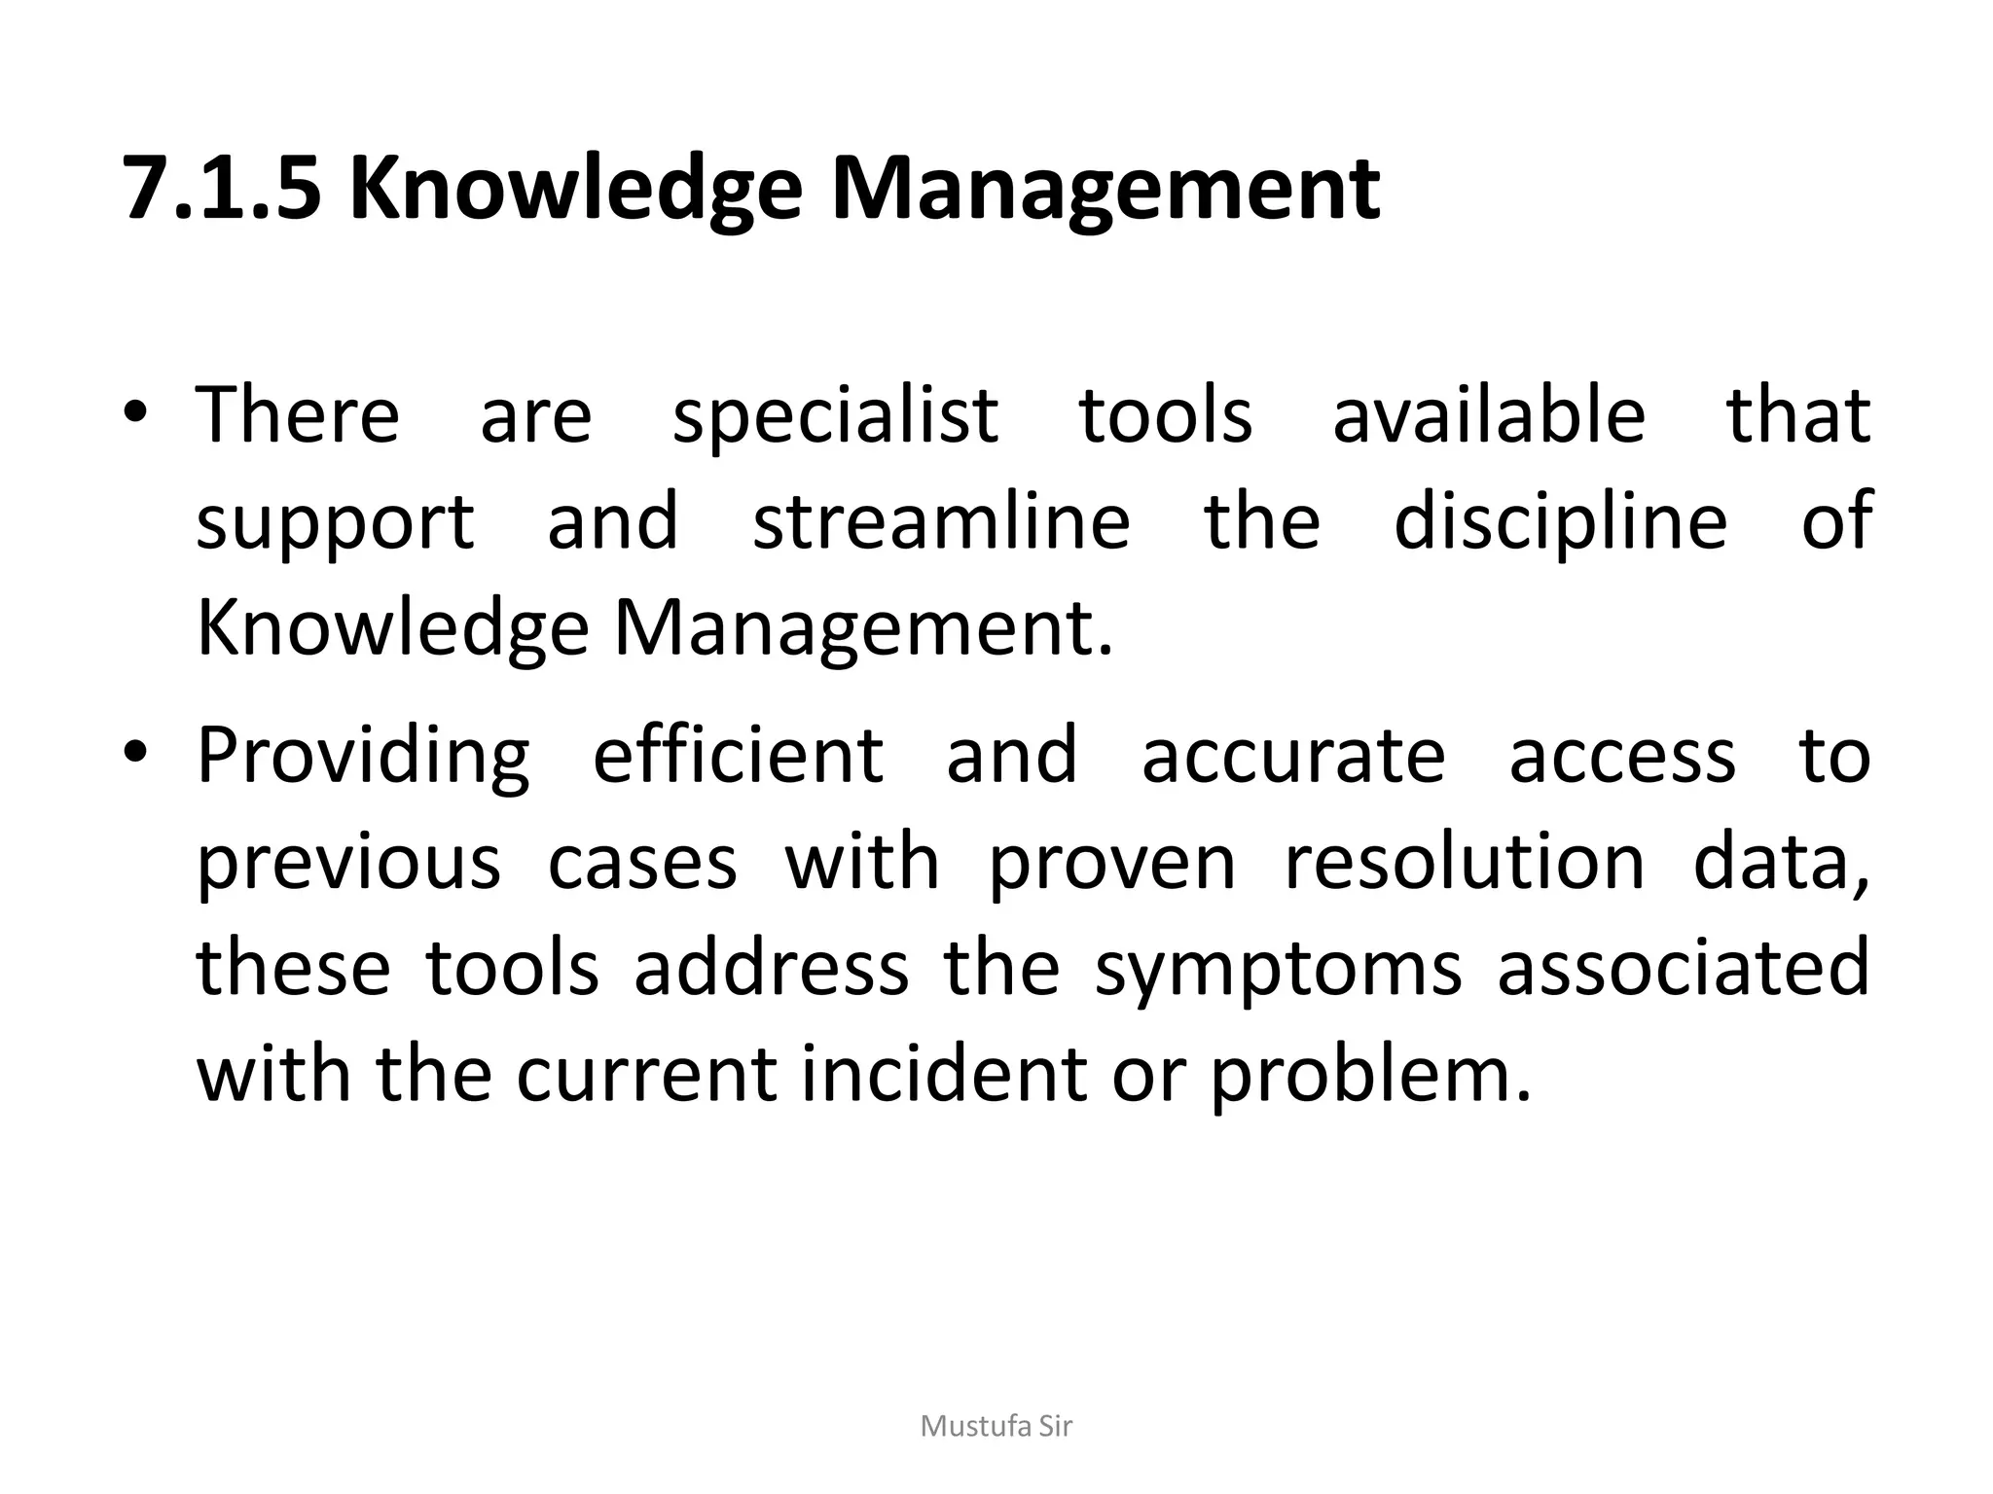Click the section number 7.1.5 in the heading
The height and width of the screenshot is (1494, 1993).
click(222, 189)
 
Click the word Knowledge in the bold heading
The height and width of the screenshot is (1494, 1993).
click(575, 191)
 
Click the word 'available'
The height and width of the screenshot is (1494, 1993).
click(1488, 414)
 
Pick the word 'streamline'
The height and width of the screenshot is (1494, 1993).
click(941, 521)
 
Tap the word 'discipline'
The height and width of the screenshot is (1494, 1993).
click(1560, 523)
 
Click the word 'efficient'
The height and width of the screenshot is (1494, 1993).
click(738, 755)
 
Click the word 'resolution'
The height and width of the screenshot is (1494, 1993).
click(1465, 862)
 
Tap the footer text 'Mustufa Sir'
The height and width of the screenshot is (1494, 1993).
click(996, 1427)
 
